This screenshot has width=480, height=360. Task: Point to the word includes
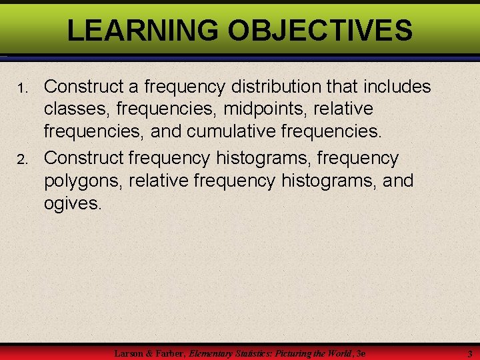coord(397,87)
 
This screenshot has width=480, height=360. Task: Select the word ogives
coord(72,203)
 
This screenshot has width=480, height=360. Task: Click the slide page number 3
coord(469,353)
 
